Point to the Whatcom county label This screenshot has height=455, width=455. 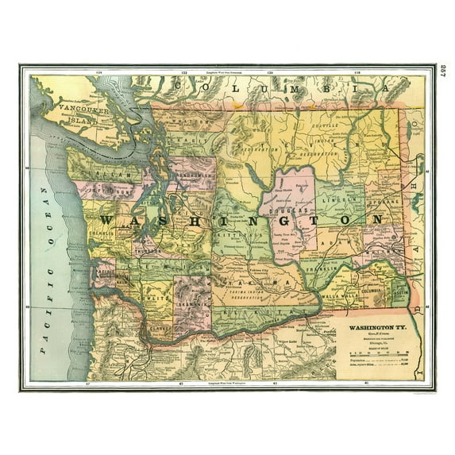[191, 124]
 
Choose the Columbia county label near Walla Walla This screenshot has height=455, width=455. [372, 292]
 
